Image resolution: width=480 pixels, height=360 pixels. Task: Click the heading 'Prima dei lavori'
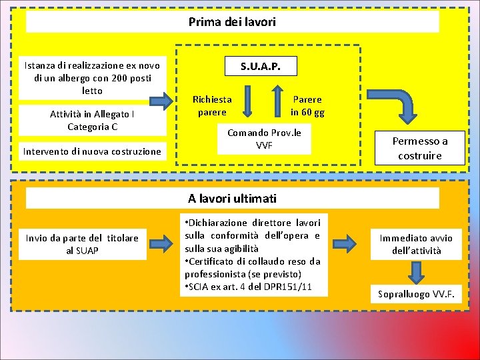click(x=232, y=22)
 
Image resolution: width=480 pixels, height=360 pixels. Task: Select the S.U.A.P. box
click(x=260, y=66)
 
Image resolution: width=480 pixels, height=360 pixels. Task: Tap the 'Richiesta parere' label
click(x=212, y=105)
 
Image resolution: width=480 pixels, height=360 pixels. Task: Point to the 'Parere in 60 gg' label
click(x=307, y=105)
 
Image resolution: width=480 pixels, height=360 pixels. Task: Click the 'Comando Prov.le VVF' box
click(x=264, y=139)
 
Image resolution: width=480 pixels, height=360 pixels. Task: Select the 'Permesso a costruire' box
click(x=419, y=148)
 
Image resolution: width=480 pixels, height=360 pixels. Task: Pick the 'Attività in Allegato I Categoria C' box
click(x=92, y=120)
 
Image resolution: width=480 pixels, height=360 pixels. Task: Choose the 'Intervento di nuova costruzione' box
click(x=92, y=151)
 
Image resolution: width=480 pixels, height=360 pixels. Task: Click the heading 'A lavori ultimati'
click(x=232, y=198)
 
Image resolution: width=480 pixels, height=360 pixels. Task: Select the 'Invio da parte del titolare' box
click(x=82, y=244)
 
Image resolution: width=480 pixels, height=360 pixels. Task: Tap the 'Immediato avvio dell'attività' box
click(x=416, y=244)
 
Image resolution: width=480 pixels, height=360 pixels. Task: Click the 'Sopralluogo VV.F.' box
click(x=416, y=293)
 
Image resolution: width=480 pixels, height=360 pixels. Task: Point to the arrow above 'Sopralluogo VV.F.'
click(x=416, y=273)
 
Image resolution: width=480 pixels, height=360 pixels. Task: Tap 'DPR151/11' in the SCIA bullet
click(x=297, y=287)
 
